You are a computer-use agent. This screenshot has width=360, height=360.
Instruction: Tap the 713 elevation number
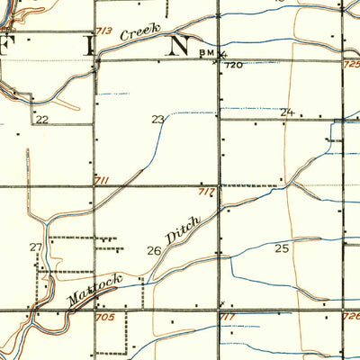pyautogui.click(x=104, y=31)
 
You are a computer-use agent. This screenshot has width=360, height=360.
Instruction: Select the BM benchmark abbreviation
pyautogui.click(x=204, y=53)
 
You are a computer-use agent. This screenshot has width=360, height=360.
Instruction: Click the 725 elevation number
pyautogui.click(x=351, y=66)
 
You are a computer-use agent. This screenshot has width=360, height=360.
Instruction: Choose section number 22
pyautogui.click(x=40, y=119)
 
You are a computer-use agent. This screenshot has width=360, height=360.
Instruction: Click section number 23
pyautogui.click(x=158, y=119)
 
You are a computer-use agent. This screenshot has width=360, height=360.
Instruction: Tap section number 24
pyautogui.click(x=287, y=112)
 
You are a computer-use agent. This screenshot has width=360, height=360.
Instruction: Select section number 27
pyautogui.click(x=36, y=247)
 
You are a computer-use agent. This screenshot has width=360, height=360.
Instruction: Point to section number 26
pyautogui.click(x=154, y=251)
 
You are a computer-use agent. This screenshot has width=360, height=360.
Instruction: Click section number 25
pyautogui.click(x=283, y=247)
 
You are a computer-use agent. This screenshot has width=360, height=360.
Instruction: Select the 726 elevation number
pyautogui.click(x=351, y=317)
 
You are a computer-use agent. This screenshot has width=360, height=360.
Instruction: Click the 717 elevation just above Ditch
pyautogui.click(x=205, y=192)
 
